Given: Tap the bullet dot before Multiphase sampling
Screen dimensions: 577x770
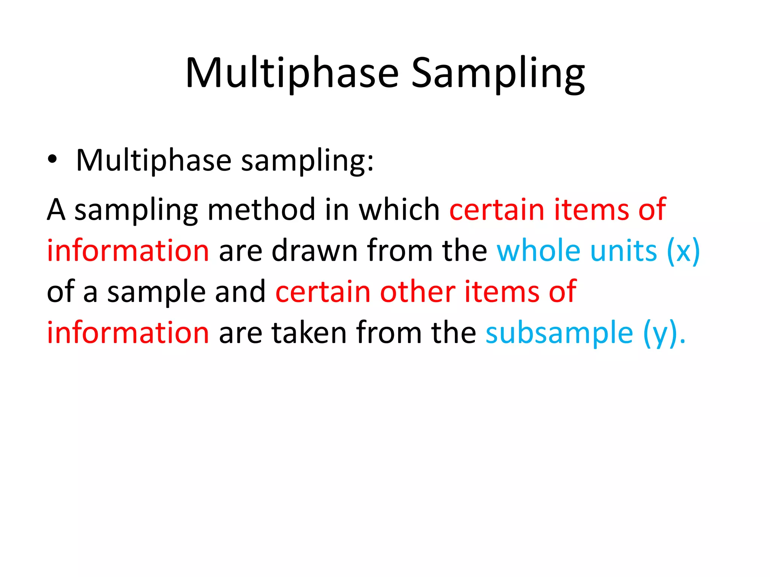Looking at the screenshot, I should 52,159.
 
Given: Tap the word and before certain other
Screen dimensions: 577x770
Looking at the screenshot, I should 240,292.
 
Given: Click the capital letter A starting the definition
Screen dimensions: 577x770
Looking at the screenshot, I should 56,209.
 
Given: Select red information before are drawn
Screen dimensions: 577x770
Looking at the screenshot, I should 128,251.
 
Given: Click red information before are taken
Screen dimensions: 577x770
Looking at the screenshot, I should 128,332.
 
